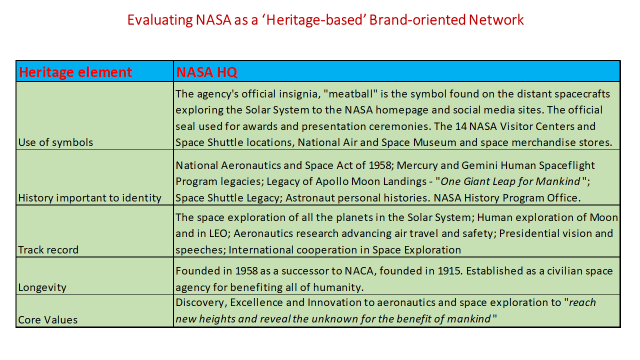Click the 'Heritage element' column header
(75, 72)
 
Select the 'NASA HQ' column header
(207, 72)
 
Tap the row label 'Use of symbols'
(55, 142)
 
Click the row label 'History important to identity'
(90, 198)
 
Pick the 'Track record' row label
(48, 250)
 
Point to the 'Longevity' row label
(42, 287)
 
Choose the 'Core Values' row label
(48, 320)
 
